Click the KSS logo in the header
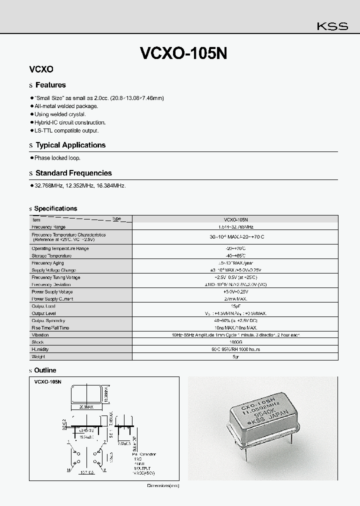point(332,27)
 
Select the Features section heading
point(50,85)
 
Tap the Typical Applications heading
point(70,145)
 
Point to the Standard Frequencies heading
point(73,173)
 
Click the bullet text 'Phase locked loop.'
point(57,158)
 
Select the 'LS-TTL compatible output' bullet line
point(66,130)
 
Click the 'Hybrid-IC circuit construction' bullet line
point(69,122)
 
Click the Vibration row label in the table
point(40,335)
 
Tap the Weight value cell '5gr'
point(235,356)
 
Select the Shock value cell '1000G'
point(235,342)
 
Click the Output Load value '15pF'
point(235,306)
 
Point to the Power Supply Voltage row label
point(52,291)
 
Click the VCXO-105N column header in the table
point(235,219)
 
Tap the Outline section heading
point(45,370)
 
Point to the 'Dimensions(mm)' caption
point(162,485)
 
